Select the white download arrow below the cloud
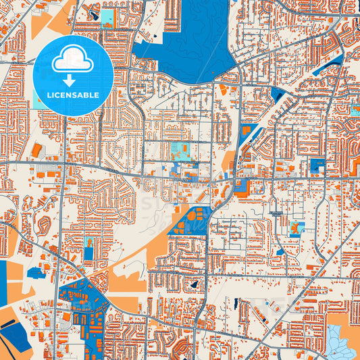(73, 80)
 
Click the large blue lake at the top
(189, 41)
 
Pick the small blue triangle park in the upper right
(276, 95)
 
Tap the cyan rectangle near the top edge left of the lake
(107, 18)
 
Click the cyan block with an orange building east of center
(297, 228)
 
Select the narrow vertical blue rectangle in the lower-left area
(88, 255)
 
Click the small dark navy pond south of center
(195, 284)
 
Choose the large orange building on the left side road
(36, 149)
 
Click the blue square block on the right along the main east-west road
(316, 165)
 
